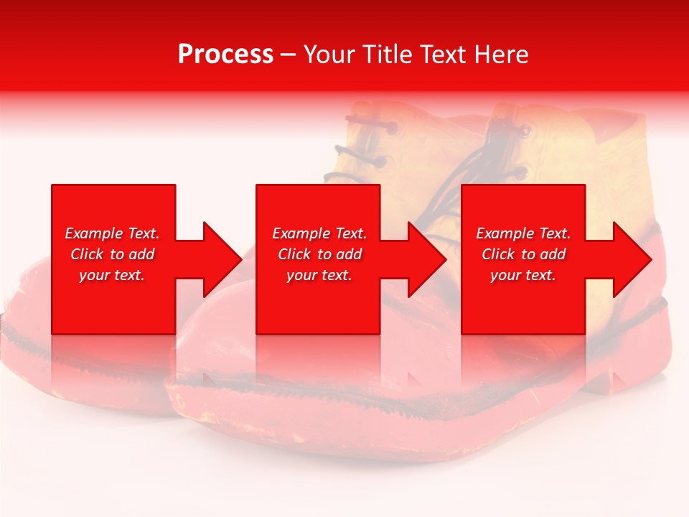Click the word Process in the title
pos(225,55)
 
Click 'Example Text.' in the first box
pos(112,233)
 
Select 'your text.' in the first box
pos(112,275)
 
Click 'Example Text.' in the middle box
pos(319,233)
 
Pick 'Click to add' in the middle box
pos(319,254)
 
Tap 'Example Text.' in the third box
pos(523,233)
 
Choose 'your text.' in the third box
pos(523,275)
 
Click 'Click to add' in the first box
pos(112,254)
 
